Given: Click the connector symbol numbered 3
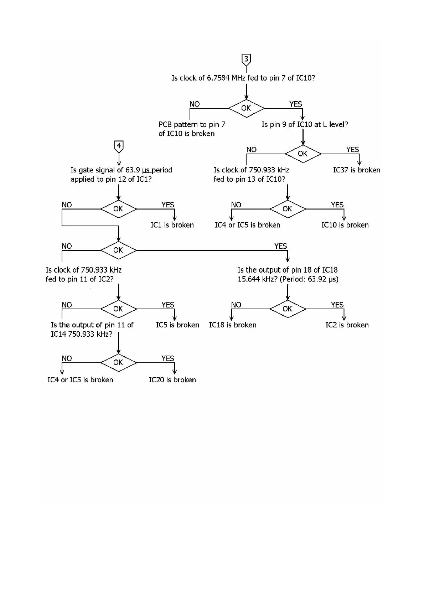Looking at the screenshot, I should click(x=246, y=59).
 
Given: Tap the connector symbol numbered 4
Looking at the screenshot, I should click(x=119, y=146).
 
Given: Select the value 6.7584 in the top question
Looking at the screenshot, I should click(x=218, y=78).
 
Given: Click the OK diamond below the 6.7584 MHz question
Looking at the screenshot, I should click(x=246, y=108).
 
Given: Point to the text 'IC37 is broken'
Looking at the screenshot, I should click(x=356, y=170).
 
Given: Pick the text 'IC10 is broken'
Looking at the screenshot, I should click(x=345, y=225).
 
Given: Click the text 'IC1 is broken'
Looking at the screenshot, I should click(x=172, y=225).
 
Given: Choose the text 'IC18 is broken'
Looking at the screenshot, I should click(x=233, y=325).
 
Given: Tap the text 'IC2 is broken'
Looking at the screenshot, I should click(x=347, y=325).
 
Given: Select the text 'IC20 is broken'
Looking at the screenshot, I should click(x=172, y=380).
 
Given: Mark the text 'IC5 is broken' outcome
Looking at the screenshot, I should click(x=177, y=325).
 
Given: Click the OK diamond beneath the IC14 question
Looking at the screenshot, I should click(x=118, y=363).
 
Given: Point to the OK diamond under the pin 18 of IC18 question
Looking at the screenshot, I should click(x=288, y=309).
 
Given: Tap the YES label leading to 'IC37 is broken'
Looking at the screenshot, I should click(x=352, y=150).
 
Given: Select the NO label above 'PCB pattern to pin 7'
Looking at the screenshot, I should click(x=195, y=104).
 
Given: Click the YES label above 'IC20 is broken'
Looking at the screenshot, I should click(x=167, y=358).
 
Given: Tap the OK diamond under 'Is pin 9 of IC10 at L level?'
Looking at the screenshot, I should click(x=303, y=154).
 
